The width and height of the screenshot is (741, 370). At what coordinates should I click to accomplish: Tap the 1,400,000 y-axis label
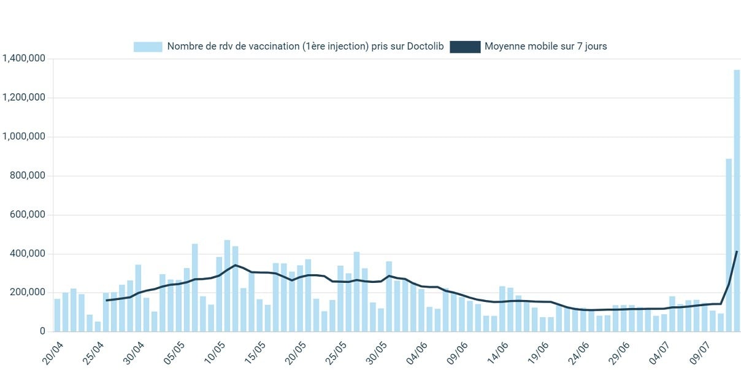tap(25, 59)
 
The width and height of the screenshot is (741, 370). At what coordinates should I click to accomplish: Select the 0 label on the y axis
tap(42, 331)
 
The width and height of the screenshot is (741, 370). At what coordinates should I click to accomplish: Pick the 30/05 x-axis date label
tap(377, 353)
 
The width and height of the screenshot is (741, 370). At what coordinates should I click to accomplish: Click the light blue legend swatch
tap(148, 47)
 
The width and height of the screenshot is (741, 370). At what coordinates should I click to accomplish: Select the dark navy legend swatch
tap(464, 47)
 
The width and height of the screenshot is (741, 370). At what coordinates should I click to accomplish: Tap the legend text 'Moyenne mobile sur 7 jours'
tap(545, 47)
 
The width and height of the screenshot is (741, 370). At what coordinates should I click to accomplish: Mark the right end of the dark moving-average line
tap(737, 252)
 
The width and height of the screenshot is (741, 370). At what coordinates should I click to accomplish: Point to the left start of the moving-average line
tap(106, 301)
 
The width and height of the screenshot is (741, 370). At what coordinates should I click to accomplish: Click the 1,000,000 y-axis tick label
tap(25, 137)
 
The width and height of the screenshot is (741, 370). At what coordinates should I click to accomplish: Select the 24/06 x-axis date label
tap(578, 353)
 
